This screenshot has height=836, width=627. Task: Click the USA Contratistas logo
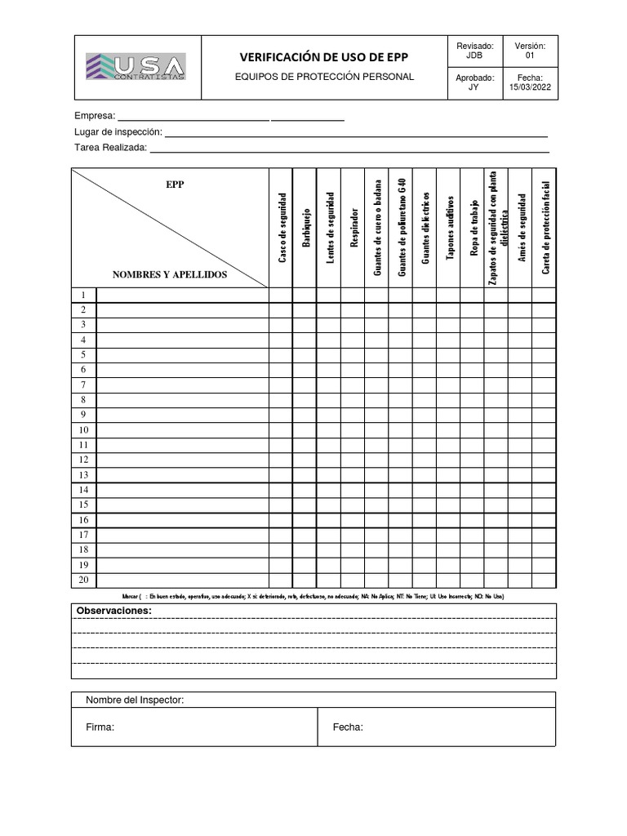(x=136, y=66)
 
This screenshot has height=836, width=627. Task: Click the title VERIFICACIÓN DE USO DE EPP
(x=323, y=57)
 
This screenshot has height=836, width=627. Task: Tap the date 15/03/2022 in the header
(x=531, y=88)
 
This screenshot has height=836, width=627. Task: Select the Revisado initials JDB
(x=474, y=56)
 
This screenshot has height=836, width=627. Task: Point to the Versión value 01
(x=530, y=56)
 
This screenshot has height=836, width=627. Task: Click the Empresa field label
(x=95, y=117)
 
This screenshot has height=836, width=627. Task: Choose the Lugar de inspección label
(x=118, y=132)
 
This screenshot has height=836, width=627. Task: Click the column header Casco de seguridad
(x=282, y=228)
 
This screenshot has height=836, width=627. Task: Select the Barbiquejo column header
(x=305, y=228)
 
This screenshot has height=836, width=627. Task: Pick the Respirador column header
(x=354, y=228)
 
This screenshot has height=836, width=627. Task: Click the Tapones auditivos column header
(x=449, y=228)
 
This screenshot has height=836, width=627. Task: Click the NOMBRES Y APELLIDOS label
(x=170, y=275)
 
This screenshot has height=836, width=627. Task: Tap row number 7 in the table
(x=83, y=385)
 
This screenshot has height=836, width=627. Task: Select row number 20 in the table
(x=83, y=580)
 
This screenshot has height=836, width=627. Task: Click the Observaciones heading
(x=113, y=611)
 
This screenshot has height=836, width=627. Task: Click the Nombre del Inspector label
(x=135, y=700)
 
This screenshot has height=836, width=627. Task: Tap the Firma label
(x=100, y=727)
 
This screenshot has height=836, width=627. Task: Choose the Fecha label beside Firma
(x=348, y=727)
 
